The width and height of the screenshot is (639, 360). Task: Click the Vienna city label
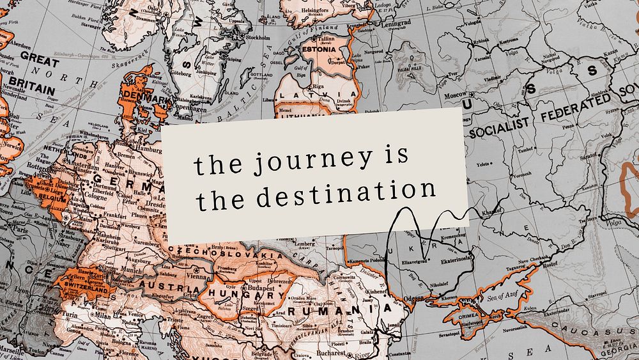click(x=196, y=277)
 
